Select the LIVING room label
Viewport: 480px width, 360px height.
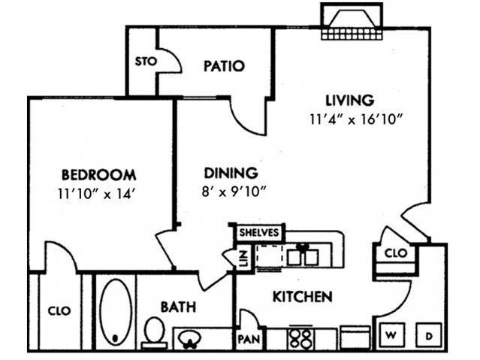(349, 100)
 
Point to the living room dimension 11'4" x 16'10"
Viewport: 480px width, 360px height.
(356, 119)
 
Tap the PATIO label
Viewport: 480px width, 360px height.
(224, 66)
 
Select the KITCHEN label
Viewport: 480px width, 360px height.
(302, 298)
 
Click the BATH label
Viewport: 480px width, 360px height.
(178, 307)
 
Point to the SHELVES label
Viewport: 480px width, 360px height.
(258, 233)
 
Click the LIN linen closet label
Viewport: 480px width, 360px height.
(243, 259)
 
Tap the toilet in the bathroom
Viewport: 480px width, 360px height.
(153, 331)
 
